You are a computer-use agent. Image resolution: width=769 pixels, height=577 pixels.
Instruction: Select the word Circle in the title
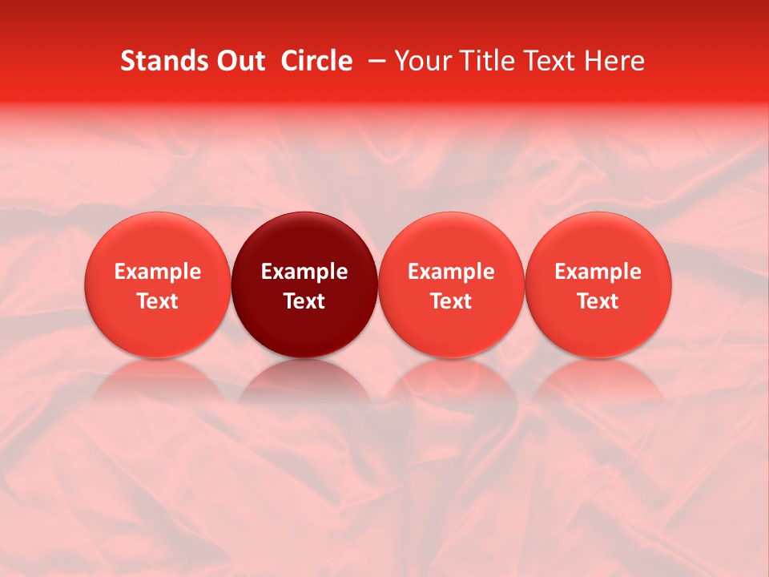[x=316, y=61]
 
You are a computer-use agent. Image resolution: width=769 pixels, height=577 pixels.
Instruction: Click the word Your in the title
[x=420, y=61]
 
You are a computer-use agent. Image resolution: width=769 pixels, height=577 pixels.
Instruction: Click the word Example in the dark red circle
[x=304, y=272]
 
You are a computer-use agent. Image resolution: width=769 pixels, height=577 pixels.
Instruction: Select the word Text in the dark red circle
[x=304, y=301]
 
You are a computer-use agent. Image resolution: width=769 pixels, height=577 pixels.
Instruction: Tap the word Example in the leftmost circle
[x=158, y=272]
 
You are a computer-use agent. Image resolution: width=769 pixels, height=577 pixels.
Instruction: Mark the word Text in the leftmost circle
[x=158, y=301]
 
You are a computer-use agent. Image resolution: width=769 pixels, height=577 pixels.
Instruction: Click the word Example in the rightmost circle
[x=598, y=272]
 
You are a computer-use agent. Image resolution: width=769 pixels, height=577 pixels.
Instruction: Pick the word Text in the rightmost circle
[x=598, y=301]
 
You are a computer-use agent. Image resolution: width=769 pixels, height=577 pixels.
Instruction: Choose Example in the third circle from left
[x=451, y=272]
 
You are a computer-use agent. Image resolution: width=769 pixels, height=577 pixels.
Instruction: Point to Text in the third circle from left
[x=451, y=301]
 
